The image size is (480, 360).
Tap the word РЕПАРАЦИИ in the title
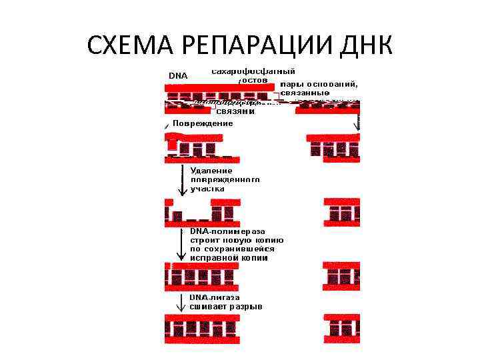[x=251, y=45]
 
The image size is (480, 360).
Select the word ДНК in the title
[x=361, y=45]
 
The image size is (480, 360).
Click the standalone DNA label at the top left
[x=178, y=75]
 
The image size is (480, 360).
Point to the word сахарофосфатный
[x=253, y=71]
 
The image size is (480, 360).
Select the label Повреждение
[x=203, y=123]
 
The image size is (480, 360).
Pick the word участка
[x=207, y=189]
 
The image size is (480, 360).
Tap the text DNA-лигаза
[x=215, y=297]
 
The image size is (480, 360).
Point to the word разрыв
[x=246, y=307]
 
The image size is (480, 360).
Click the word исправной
[x=213, y=257]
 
